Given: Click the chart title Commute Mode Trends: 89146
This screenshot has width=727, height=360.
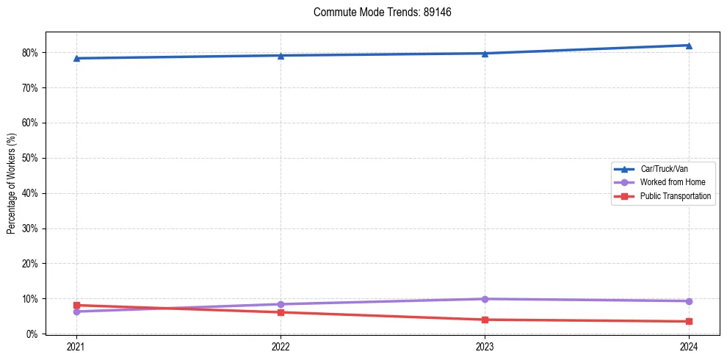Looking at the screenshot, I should click(x=377, y=12).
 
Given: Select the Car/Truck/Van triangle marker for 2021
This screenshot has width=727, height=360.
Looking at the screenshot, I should click(x=76, y=58).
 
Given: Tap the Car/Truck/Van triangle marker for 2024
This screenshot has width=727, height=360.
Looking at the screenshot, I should click(x=689, y=46).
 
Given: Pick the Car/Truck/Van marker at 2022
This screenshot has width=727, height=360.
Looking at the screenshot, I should click(x=281, y=56).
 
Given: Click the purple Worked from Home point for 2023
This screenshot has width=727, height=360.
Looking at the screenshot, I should click(x=485, y=299).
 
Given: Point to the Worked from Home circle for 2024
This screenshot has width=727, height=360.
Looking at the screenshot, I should click(x=689, y=301).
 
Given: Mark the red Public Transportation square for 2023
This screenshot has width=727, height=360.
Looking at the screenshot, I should click(x=485, y=320).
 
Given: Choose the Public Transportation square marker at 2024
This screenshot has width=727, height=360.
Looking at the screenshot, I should click(x=689, y=321).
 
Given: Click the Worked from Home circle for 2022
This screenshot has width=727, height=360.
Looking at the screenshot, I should click(x=281, y=304).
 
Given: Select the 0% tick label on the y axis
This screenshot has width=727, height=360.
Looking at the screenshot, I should click(x=32, y=334).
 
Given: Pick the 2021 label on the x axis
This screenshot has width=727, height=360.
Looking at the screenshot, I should click(x=76, y=347).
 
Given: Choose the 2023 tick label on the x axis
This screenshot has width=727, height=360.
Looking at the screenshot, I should click(x=485, y=347).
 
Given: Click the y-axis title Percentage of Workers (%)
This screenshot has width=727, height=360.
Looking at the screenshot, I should click(x=11, y=183).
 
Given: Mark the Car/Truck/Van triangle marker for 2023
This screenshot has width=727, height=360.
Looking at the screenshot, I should click(x=485, y=53).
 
